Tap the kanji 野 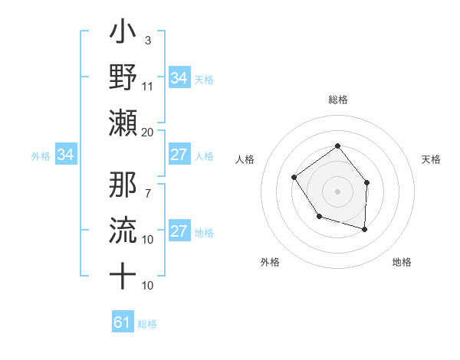pyautogui.click(x=123, y=77)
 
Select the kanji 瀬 pyautogui.click(x=123, y=122)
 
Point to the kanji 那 pyautogui.click(x=123, y=186)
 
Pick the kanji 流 pyautogui.click(x=123, y=231)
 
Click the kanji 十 pyautogui.click(x=123, y=274)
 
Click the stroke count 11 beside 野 pyautogui.click(x=148, y=87)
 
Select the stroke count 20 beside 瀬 pyautogui.click(x=148, y=132)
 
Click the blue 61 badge pyautogui.click(x=123, y=322)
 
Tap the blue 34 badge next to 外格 pyautogui.click(x=66, y=155)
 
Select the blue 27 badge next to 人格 pyautogui.click(x=179, y=155)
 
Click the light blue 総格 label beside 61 pyautogui.click(x=147, y=324)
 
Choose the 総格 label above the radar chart pyautogui.click(x=337, y=100)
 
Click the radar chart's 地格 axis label pyautogui.click(x=402, y=262)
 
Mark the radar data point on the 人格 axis pyautogui.click(x=294, y=178)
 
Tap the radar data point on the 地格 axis pyautogui.click(x=365, y=229)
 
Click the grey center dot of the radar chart pyautogui.click(x=337, y=191)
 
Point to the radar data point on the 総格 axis pyautogui.click(x=337, y=146)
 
